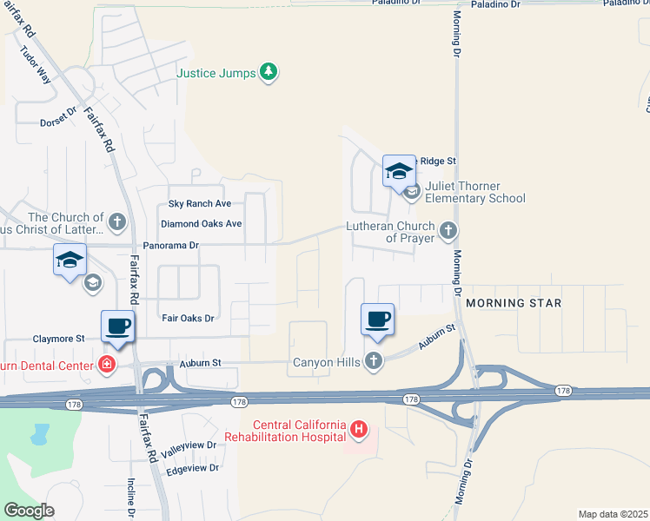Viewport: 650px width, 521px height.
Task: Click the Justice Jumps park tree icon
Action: click(x=269, y=72)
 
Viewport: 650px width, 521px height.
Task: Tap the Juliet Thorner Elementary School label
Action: click(x=475, y=192)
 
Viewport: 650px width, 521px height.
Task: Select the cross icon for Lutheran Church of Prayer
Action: click(x=448, y=230)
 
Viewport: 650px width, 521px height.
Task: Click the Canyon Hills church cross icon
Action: click(x=374, y=360)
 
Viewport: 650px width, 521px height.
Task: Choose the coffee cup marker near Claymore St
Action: click(x=118, y=327)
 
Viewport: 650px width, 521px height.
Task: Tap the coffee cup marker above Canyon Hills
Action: click(x=377, y=320)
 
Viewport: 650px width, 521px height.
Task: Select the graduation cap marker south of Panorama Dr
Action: click(x=70, y=260)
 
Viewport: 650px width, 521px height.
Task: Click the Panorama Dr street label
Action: click(x=171, y=246)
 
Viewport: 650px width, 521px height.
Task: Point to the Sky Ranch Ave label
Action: click(x=199, y=203)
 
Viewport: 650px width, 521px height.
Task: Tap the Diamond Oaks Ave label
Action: click(x=201, y=223)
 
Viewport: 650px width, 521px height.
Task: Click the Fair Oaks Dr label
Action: click(x=188, y=318)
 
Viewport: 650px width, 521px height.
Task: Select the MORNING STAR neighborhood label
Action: click(x=514, y=303)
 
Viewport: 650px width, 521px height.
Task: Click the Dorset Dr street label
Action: click(x=58, y=122)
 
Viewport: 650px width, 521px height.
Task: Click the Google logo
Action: click(x=30, y=511)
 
